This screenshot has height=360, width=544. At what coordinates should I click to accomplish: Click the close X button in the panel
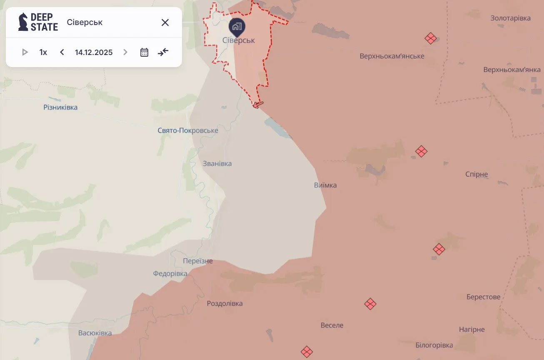(165, 22)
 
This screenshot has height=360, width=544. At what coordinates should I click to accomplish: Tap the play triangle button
(25, 52)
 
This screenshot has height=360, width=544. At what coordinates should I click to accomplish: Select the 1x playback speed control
(43, 52)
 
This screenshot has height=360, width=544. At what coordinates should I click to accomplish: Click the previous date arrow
(62, 52)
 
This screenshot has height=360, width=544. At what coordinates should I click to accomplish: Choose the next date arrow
(125, 52)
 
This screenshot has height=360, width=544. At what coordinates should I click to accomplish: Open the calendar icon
(144, 52)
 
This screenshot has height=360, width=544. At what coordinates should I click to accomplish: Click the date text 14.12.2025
(94, 52)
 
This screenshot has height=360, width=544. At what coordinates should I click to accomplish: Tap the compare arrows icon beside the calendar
(163, 52)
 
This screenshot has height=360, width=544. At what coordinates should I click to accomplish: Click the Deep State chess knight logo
(23, 22)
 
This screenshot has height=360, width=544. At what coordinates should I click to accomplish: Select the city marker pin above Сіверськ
(237, 27)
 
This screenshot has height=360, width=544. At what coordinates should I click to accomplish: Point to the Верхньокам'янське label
(392, 56)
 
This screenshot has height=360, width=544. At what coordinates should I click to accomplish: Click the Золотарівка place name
(510, 18)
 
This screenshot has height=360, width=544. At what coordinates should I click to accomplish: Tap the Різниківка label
(60, 107)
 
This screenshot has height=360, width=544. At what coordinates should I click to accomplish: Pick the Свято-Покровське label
(188, 130)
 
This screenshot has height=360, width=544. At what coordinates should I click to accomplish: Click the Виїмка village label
(325, 185)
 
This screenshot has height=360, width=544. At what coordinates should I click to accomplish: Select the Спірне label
(477, 174)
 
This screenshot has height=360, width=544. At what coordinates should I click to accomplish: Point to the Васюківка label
(95, 333)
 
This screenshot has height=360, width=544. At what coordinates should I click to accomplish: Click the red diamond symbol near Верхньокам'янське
(431, 39)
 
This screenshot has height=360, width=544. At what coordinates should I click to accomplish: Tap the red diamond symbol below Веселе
(307, 352)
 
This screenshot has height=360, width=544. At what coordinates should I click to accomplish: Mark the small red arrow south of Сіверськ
(258, 105)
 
